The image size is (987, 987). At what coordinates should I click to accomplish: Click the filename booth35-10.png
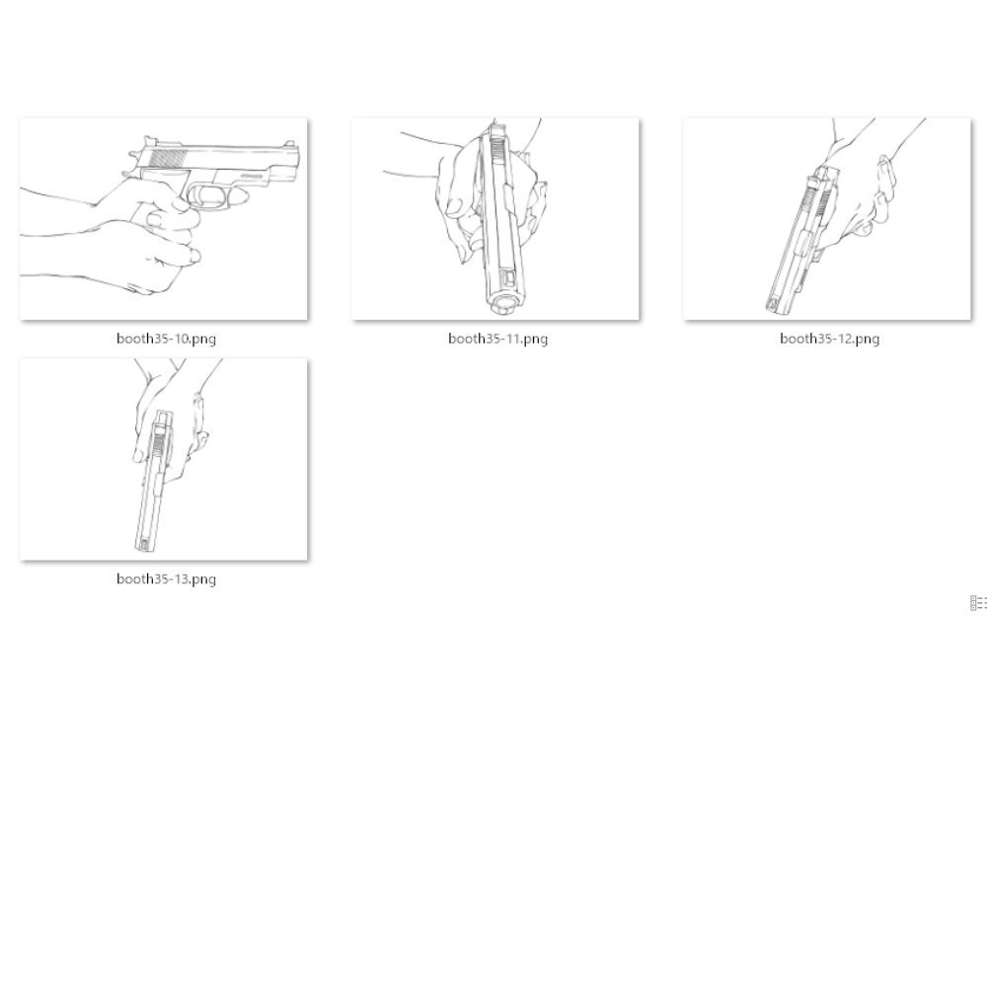[x=166, y=339]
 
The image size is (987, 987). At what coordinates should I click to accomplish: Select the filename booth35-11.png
[x=497, y=339]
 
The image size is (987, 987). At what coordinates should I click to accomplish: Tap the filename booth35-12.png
[x=829, y=339]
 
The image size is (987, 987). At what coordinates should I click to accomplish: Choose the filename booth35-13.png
[x=166, y=579]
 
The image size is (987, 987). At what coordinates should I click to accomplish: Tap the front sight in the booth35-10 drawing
[x=290, y=144]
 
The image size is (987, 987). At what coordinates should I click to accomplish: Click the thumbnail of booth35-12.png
[x=827, y=219]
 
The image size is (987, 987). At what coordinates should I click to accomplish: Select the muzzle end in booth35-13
[x=144, y=544]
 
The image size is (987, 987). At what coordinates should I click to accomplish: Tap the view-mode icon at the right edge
[x=978, y=603]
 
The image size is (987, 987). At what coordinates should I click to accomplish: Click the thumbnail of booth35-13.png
[x=164, y=460]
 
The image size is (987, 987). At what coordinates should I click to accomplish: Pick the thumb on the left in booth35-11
[x=456, y=206]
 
